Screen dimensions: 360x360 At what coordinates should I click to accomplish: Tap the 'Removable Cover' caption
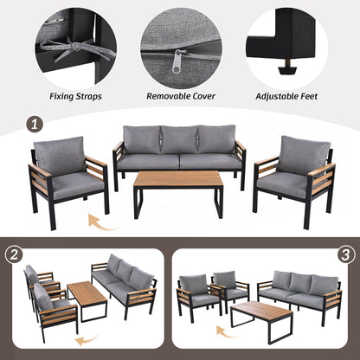click(179, 97)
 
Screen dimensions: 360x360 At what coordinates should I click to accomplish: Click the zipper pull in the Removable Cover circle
click(179, 60)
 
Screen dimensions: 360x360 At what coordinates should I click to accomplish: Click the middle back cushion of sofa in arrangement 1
click(179, 139)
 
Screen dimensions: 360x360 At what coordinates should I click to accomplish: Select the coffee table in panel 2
click(87, 300)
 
